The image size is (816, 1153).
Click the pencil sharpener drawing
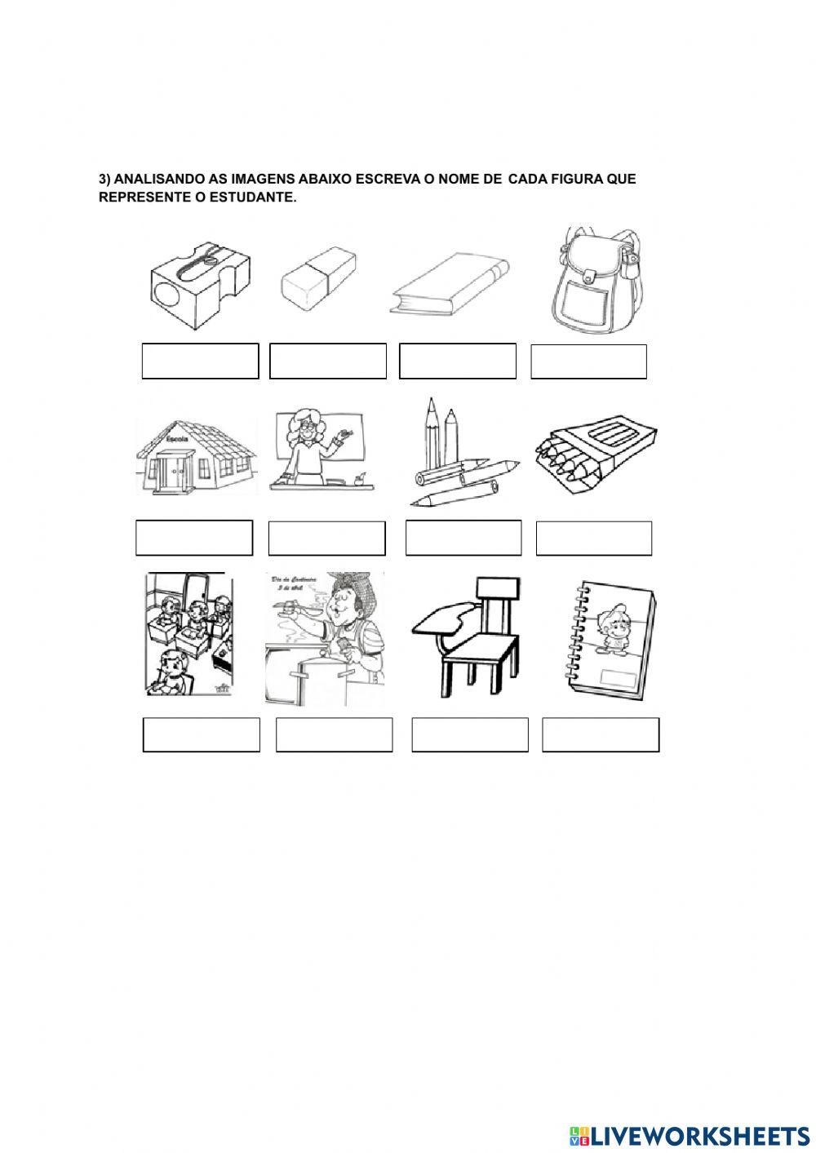coord(200,285)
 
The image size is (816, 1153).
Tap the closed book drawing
coord(450,286)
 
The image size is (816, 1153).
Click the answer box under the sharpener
coord(200,361)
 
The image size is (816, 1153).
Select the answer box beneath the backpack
coord(588,361)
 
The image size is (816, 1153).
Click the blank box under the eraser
coord(327,361)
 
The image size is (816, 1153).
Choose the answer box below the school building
coord(194,538)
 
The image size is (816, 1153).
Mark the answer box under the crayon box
coord(594,538)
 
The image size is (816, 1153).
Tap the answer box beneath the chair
coord(470,734)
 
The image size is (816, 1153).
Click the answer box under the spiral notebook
coord(601,734)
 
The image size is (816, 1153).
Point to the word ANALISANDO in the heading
coord(157,179)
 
